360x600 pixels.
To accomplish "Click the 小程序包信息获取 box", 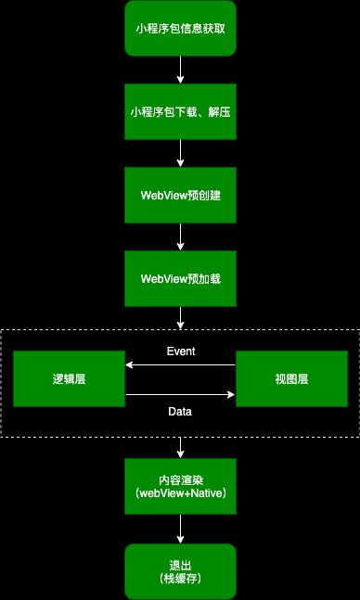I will [x=180, y=28].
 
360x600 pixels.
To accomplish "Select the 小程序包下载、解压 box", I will [x=180, y=111].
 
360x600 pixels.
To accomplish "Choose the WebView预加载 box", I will [x=180, y=278].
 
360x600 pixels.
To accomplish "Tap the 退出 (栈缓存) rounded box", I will [x=180, y=570].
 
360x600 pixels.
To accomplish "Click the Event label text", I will [x=180, y=351].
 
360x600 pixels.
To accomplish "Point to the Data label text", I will [x=180, y=411].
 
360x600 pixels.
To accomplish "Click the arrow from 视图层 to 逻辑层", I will [x=180, y=366].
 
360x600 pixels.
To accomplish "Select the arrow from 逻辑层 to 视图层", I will [x=180, y=395].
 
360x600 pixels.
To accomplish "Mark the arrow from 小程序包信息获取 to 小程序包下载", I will [x=180, y=70].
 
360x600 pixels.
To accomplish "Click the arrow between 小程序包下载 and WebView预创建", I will [x=180, y=153].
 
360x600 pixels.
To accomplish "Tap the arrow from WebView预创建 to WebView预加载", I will [x=180, y=236].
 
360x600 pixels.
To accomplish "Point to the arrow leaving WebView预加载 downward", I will [x=180, y=317].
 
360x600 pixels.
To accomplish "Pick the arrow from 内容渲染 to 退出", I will [x=180, y=529].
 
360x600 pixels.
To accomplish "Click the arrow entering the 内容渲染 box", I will [x=180, y=447].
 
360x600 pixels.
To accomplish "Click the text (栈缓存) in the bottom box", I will [x=180, y=579].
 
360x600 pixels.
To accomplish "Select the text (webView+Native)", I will [x=180, y=494].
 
